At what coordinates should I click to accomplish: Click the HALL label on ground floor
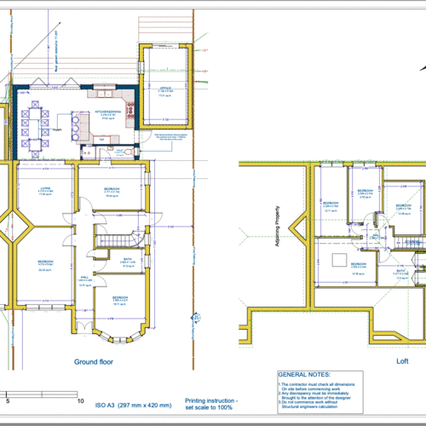(x=85, y=279)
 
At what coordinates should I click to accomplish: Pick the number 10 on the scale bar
(x=80, y=400)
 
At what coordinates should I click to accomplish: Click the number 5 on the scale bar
(x=9, y=400)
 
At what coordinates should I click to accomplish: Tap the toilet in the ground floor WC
(x=128, y=151)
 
